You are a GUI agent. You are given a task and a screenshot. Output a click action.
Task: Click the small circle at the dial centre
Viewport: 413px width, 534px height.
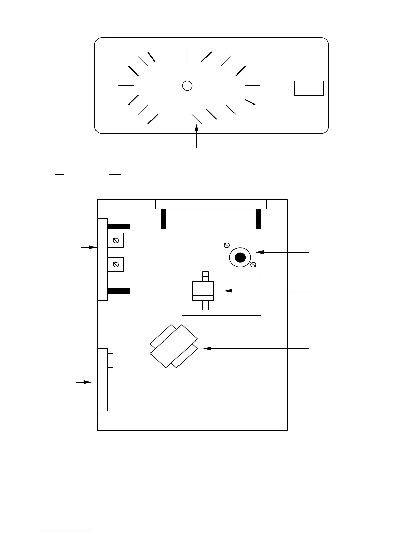tap(187, 86)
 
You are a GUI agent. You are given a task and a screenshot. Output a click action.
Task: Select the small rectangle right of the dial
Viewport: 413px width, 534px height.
tap(309, 88)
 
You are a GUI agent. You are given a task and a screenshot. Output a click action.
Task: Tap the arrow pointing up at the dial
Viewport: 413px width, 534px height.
tap(197, 135)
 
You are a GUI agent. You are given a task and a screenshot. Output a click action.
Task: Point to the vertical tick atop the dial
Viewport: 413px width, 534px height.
tap(187, 54)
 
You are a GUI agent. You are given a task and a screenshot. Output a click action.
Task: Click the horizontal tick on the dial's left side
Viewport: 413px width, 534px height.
tap(126, 86)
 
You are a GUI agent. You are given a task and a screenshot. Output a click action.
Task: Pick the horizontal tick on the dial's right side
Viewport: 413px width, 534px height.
tap(253, 86)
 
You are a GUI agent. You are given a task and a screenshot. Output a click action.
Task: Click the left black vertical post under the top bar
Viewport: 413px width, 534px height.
tap(163, 219)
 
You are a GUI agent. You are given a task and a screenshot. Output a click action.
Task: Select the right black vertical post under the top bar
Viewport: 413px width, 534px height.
tap(259, 219)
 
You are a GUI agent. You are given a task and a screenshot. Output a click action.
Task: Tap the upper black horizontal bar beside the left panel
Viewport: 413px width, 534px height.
tap(118, 226)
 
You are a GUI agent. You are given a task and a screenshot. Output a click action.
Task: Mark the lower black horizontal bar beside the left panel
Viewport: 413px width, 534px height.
tap(118, 291)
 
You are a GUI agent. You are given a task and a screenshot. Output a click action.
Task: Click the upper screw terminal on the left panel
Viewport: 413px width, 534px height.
tap(116, 241)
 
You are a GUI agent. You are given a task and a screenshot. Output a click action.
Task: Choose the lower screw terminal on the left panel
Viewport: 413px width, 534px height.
tap(116, 265)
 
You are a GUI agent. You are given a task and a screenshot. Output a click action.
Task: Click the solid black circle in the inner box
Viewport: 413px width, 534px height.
tap(240, 258)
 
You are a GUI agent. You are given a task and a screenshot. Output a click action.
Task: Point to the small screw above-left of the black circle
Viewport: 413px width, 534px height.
tap(227, 245)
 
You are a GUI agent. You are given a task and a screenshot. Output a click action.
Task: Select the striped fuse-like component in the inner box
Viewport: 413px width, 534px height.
tap(203, 291)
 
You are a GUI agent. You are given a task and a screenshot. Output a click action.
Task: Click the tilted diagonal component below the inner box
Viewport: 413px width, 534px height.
tap(174, 346)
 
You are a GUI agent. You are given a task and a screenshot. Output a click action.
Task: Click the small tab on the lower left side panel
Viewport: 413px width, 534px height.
tap(110, 360)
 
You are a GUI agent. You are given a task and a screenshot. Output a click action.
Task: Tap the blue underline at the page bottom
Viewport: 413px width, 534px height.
tap(67, 531)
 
